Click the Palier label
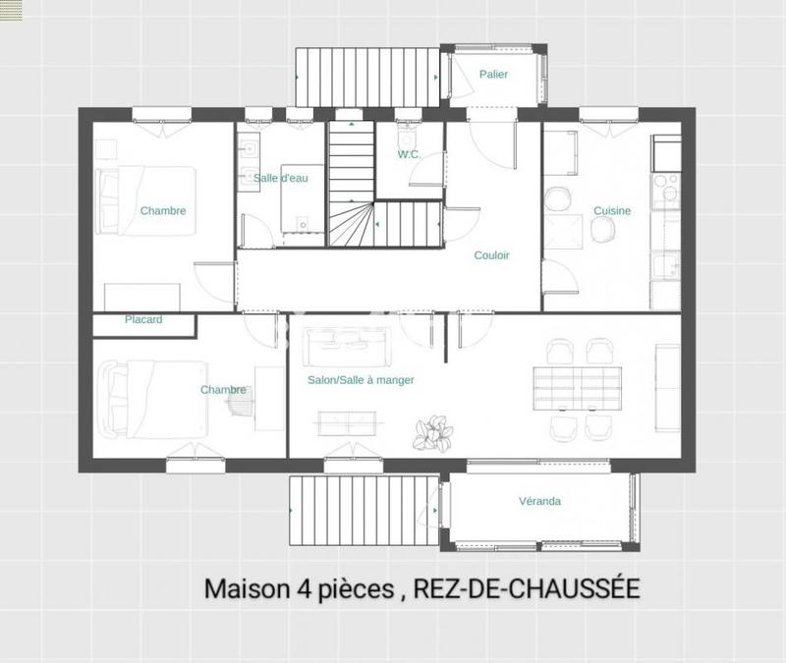click(x=493, y=75)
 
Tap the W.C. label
click(x=409, y=154)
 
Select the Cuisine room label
click(x=611, y=211)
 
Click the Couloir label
click(x=491, y=255)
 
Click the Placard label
click(x=143, y=320)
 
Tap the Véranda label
click(x=539, y=502)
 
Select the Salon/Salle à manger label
click(x=361, y=380)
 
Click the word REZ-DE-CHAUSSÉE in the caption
click(x=527, y=588)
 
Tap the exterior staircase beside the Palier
click(x=365, y=75)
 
